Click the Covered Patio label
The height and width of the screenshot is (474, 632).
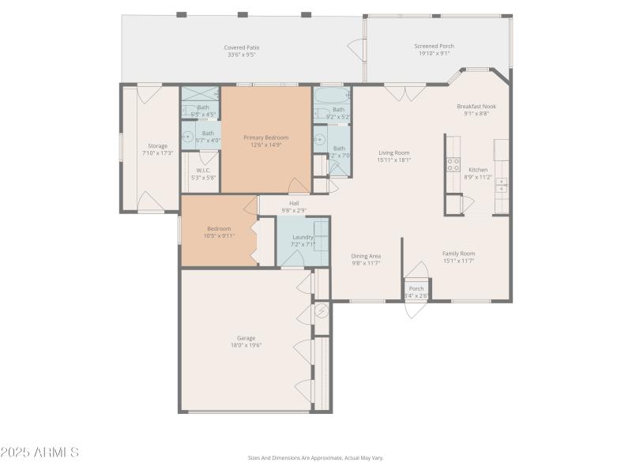point(243,47)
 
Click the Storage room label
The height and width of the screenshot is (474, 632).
point(157,146)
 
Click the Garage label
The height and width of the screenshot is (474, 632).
point(246,338)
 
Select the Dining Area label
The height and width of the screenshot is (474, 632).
point(366,256)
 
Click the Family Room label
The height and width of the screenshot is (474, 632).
point(458,254)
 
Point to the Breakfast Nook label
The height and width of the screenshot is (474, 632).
point(476,106)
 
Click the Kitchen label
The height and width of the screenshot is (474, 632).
point(478,170)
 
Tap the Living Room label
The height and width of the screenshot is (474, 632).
point(393,153)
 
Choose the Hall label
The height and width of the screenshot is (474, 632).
point(294,203)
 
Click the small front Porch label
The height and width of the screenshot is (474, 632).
point(416,288)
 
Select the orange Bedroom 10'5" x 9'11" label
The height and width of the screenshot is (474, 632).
point(219,229)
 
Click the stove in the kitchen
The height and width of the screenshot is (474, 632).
point(453,164)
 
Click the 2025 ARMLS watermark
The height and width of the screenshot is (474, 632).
point(39,453)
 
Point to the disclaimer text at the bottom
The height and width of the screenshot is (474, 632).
point(315,457)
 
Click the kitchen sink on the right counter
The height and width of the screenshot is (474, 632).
point(502,186)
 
